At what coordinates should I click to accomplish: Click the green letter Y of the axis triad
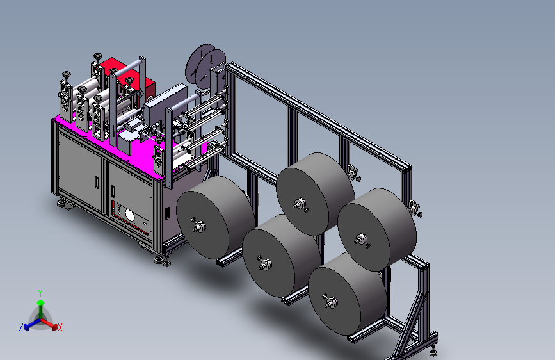[x=40, y=293]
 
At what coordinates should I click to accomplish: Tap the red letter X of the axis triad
[x=60, y=328]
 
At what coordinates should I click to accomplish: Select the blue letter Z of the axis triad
[x=21, y=327]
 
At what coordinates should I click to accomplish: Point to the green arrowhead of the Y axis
[x=41, y=303]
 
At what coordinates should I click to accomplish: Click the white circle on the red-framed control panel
[x=129, y=215]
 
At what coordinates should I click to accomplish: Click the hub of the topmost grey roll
[x=299, y=204]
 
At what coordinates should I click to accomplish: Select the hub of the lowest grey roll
[x=330, y=302]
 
